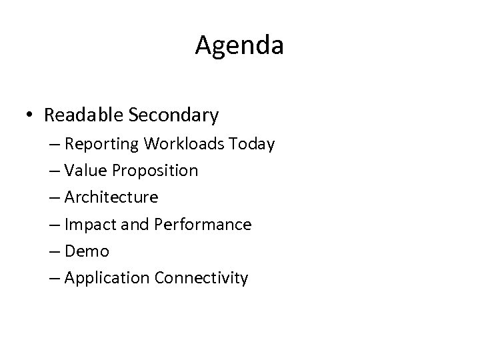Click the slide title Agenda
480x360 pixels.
click(240, 46)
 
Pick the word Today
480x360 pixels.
click(253, 144)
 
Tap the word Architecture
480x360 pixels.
click(111, 197)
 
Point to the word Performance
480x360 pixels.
click(202, 225)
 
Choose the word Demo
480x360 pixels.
click(87, 251)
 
